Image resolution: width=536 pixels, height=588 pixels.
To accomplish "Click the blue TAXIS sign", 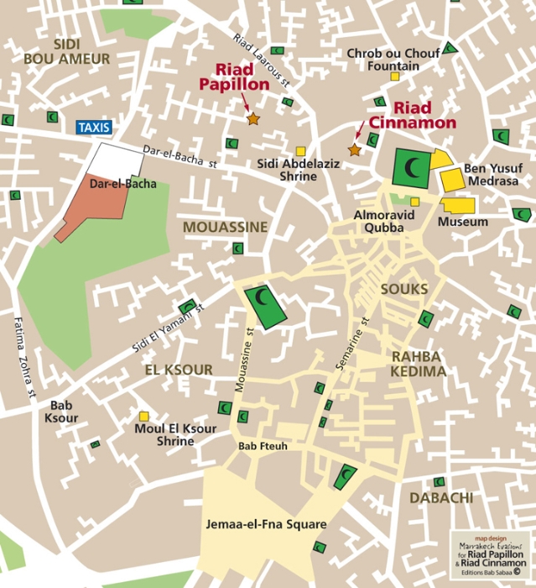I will (x=93, y=128).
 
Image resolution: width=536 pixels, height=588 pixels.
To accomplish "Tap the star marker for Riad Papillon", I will (x=253, y=119).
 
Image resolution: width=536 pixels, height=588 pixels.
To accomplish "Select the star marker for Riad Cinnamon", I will (x=355, y=150).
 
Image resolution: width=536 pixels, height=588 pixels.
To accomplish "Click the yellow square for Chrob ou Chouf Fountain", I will (x=394, y=76).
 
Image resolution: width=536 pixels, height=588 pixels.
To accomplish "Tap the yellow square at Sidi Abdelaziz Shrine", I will (x=300, y=151).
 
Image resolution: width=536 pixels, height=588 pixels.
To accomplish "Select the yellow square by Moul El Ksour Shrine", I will (x=144, y=416).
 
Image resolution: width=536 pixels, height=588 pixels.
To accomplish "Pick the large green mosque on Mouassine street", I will (x=265, y=306).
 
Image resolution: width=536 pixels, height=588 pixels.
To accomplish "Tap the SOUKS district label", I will (x=404, y=289).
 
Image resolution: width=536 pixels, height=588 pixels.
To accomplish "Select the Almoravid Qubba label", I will (x=384, y=221).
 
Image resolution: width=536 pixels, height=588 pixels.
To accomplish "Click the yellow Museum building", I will (x=459, y=205).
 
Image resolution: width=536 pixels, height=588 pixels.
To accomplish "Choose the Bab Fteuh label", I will (x=263, y=446).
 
